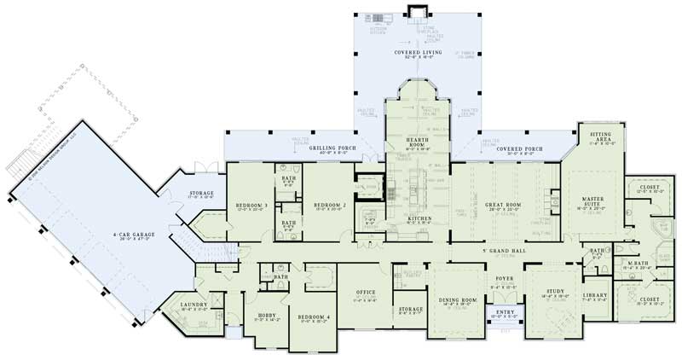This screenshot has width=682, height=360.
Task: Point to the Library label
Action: (593, 296)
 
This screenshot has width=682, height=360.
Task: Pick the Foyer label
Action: (501, 279)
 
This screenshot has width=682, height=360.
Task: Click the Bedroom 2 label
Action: (327, 206)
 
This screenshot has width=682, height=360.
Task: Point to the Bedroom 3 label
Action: (253, 206)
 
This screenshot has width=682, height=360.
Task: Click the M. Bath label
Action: (633, 262)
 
